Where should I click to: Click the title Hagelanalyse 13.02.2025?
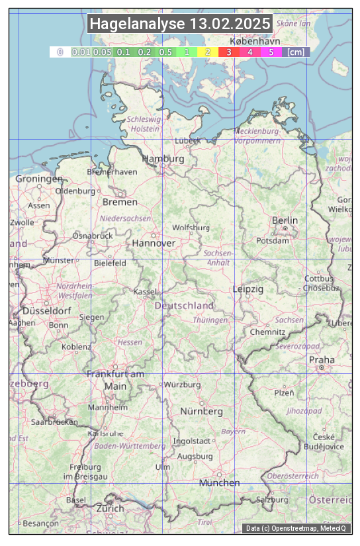[x=180, y=24]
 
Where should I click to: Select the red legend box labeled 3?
[x=229, y=52]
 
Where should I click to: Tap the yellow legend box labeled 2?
[x=208, y=52]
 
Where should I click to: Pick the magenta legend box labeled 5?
[x=271, y=52]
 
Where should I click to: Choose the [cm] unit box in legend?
[x=296, y=52]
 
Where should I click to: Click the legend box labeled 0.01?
[x=81, y=52]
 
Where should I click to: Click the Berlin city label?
[x=285, y=220]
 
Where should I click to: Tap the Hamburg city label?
[x=163, y=159]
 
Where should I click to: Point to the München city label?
[x=220, y=483]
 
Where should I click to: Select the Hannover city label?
[x=154, y=244]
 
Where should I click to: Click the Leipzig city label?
[x=248, y=290]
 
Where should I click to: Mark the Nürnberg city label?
[x=202, y=412]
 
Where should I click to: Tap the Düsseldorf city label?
[x=46, y=311]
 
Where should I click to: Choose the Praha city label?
[x=321, y=360]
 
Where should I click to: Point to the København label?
[x=255, y=41]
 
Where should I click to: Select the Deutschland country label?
[x=184, y=306]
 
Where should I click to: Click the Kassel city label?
[x=144, y=292]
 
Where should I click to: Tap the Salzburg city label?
[x=273, y=500]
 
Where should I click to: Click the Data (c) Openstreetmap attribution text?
[x=296, y=528]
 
